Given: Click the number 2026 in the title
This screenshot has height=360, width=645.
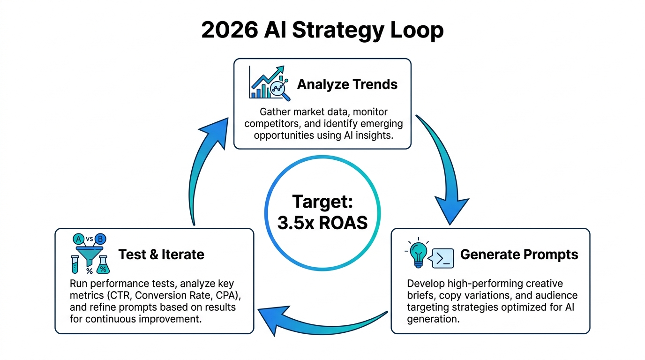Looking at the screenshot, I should [x=229, y=31].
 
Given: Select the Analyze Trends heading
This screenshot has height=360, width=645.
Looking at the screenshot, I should [x=347, y=84].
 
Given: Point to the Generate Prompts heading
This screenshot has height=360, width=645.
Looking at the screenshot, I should [x=519, y=255].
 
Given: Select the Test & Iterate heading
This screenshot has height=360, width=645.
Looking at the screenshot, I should [x=161, y=255].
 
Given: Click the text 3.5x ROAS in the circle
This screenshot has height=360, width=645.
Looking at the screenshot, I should [x=322, y=223].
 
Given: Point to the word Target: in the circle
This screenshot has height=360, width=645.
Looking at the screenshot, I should [x=322, y=202].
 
